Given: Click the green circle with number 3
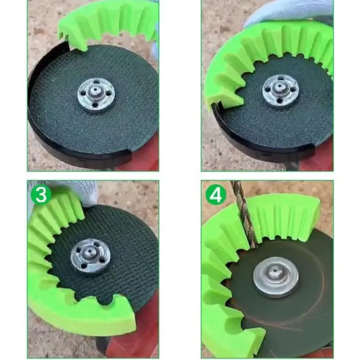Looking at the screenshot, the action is (41, 195).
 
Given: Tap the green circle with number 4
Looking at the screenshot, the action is (216, 195).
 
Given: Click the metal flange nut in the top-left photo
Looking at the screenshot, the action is (96, 94).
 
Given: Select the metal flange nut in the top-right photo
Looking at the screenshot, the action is (281, 91).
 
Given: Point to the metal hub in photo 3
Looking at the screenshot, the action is (90, 256).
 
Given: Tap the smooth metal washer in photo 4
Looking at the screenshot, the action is (276, 277).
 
